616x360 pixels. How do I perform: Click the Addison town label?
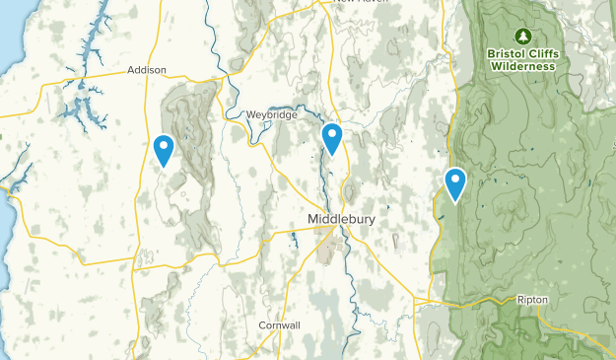pos(147,70)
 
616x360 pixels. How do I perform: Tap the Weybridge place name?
pos(271,114)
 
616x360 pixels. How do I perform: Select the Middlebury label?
pos(341,219)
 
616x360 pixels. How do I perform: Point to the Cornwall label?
pos(279,325)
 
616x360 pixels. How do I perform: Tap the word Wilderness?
pos(522,66)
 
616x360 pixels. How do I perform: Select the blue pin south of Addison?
pos(164,150)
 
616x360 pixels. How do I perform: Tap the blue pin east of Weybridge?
pos(333,138)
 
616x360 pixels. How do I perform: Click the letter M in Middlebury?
pos(313,219)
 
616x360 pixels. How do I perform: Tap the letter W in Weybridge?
pos(251,114)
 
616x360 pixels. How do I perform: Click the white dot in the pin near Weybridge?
pos(333,134)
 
